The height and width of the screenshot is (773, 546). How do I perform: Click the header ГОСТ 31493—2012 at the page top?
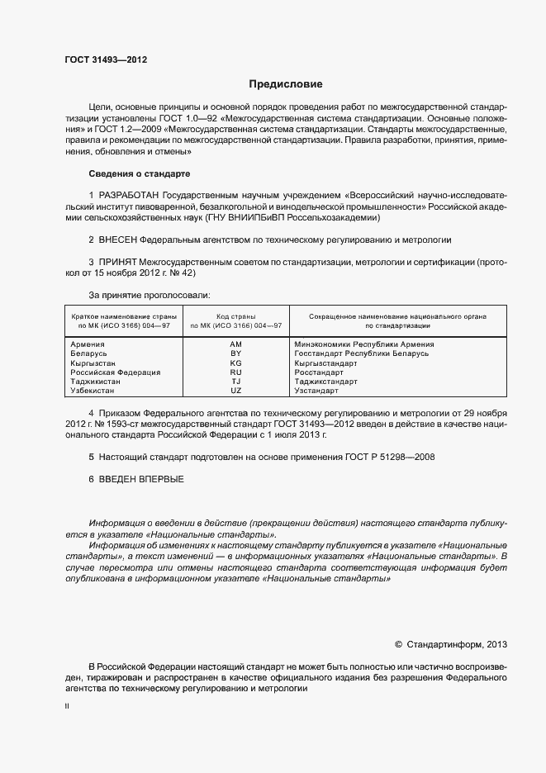[106, 59]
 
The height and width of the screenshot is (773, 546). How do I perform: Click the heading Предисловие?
[286, 84]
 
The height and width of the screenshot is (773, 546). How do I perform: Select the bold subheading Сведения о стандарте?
[139, 174]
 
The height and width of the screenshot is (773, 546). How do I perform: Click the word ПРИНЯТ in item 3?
[118, 262]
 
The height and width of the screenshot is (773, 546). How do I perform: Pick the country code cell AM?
[235, 344]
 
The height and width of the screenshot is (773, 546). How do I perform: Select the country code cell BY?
[235, 353]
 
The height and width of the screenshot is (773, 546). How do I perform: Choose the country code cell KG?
[235, 363]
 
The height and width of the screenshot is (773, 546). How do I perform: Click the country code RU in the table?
[235, 372]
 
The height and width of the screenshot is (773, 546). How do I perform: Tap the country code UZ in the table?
[235, 391]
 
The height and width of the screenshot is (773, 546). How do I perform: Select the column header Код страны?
[235, 316]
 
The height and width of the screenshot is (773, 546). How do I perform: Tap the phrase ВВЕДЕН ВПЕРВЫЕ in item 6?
[141, 479]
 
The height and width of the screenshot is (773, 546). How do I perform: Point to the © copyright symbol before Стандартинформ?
[398, 644]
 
